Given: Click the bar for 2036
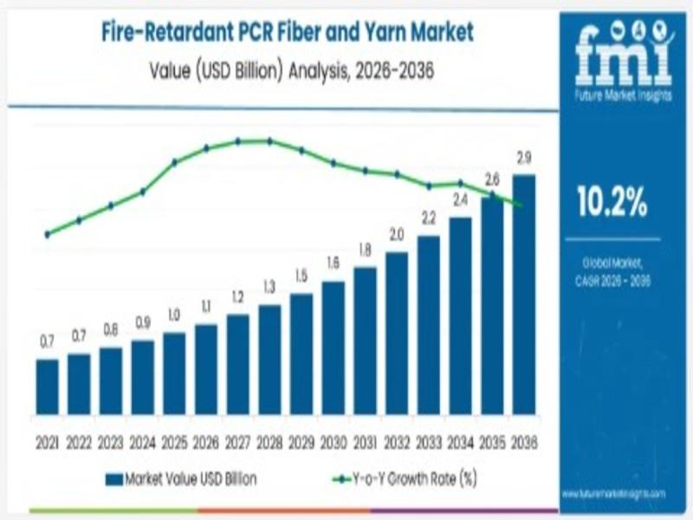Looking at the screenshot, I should pos(523,295).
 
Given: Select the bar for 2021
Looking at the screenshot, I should pos(48,387).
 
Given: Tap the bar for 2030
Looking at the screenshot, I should pos(333,348).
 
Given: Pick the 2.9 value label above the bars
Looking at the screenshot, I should pos(523,158).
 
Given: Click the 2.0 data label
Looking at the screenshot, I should pos(397,235).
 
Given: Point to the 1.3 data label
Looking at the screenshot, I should pos(269,287).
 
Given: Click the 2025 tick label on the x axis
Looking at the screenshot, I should pos(174,442).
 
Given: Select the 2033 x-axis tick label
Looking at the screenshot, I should pos(428,442).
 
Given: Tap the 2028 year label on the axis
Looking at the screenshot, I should pos(269,442).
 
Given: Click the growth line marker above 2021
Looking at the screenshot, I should pos(48,234).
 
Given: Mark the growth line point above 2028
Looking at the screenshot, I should pos(269,140).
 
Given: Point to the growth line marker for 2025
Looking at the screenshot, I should pos(174,162).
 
